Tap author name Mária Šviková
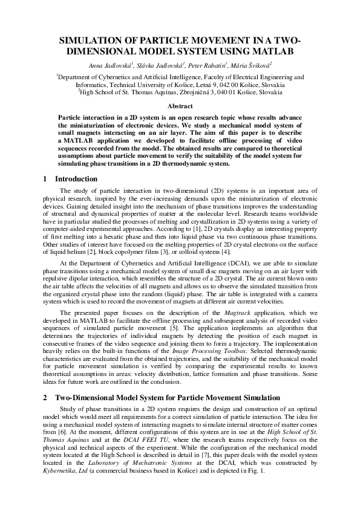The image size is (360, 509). point(250,64)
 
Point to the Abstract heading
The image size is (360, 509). point(180,106)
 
